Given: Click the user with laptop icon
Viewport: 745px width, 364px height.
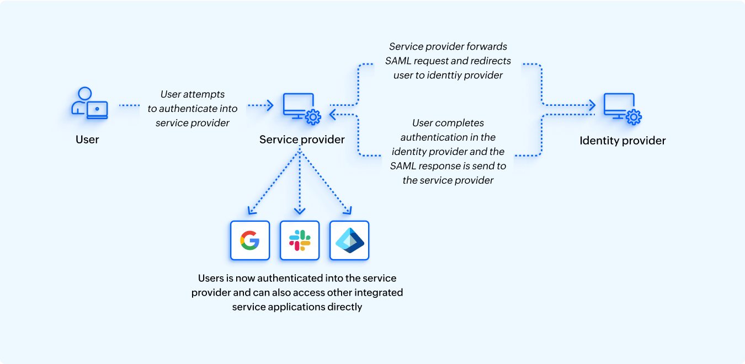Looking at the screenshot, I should pos(89,104).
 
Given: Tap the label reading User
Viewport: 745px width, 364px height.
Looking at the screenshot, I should pos(87,140).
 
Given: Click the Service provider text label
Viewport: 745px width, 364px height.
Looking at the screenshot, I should pos(302,140).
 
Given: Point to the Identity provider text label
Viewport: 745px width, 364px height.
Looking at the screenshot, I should pos(622,141).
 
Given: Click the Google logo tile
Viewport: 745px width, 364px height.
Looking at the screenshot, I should pos(249,240).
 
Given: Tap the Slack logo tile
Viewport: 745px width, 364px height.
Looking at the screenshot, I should pos(300,240).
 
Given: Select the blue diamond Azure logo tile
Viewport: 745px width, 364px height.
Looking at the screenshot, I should pos(349,240).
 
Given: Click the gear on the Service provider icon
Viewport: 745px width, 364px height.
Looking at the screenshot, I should pos(313,116).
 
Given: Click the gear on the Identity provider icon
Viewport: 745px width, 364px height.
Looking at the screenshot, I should pos(634,116).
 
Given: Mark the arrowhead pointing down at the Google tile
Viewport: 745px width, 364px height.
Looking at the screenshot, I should pos(251,210).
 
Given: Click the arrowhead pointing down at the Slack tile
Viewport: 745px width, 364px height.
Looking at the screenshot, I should pos(300,211).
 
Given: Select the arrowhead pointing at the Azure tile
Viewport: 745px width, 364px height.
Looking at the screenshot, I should pos(348,210).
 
